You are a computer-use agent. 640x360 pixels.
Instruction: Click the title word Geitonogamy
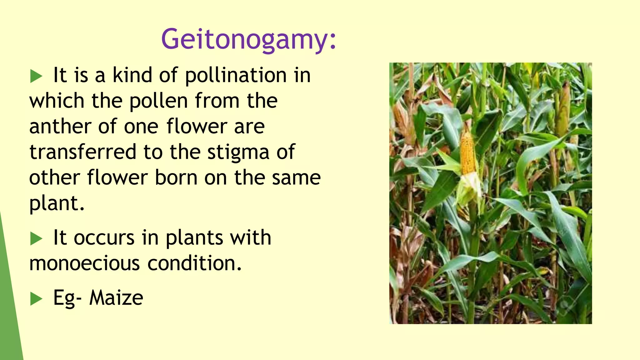point(248,39)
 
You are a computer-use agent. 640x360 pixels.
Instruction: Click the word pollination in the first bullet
point(236,75)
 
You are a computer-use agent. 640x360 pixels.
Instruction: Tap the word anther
point(60,127)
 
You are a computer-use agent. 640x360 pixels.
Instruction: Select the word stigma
point(238,152)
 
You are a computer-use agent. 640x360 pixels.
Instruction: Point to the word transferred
point(83,152)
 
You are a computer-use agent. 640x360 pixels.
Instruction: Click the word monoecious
point(84,263)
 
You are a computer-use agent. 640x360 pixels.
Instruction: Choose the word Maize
point(116,298)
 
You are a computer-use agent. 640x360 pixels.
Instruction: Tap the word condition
point(194,263)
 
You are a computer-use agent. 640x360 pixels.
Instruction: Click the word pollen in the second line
point(158,101)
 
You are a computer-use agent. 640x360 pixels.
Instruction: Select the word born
point(176,178)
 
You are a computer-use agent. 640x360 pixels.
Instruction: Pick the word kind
point(132,75)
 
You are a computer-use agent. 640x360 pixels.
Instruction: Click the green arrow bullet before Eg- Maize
point(36,299)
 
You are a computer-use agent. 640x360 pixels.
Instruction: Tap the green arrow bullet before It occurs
point(36,239)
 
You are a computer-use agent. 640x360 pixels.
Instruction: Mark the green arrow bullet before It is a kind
point(36,76)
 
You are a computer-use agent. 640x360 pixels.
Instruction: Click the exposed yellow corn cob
point(468,153)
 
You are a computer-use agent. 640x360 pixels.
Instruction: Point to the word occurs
point(104,238)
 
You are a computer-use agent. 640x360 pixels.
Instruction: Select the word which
point(57,101)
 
